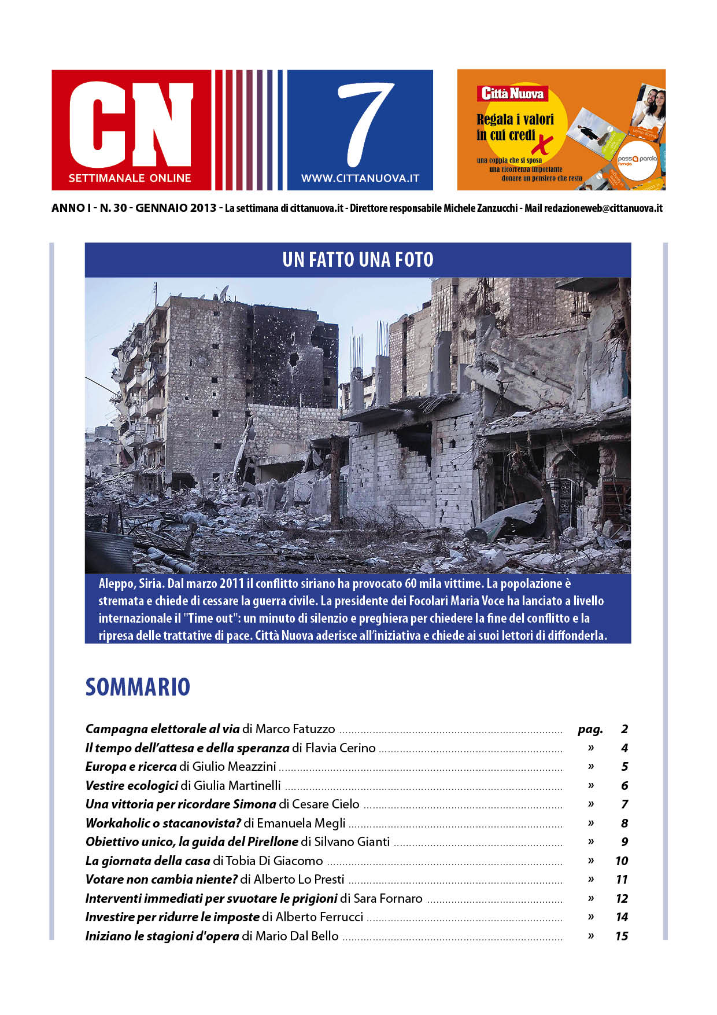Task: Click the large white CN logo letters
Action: coord(131,124)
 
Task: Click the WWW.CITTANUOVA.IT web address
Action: coord(360,179)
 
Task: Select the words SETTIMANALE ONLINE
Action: coord(130,178)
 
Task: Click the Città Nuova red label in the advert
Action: coord(512,93)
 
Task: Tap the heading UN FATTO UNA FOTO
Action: coord(358,260)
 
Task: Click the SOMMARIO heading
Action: coord(138,687)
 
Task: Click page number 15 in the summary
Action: coord(622,936)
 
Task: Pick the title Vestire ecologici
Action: coord(132,785)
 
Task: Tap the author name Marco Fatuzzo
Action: coord(295,729)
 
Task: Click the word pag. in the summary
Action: coord(590,729)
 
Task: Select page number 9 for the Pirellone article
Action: coord(624,841)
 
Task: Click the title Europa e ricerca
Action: coord(131,767)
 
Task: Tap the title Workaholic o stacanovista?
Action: coord(163,823)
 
